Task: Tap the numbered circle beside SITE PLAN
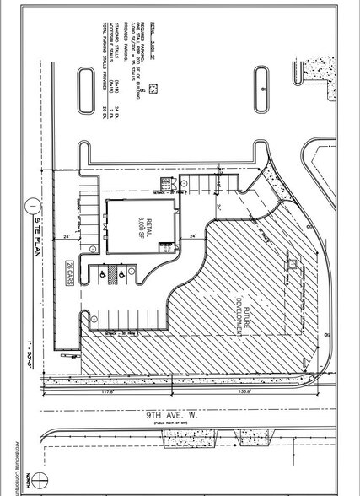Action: [30, 203]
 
